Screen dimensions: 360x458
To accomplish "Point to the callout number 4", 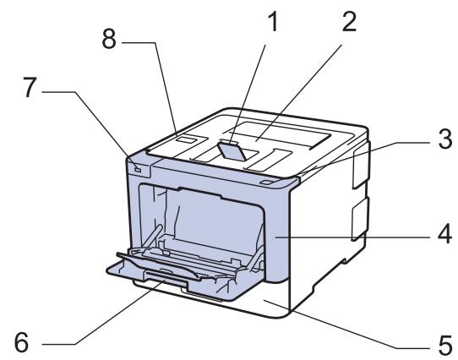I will pyautogui.click(x=444, y=238).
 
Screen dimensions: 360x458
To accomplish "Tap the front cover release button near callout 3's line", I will pyautogui.click(x=269, y=181).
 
